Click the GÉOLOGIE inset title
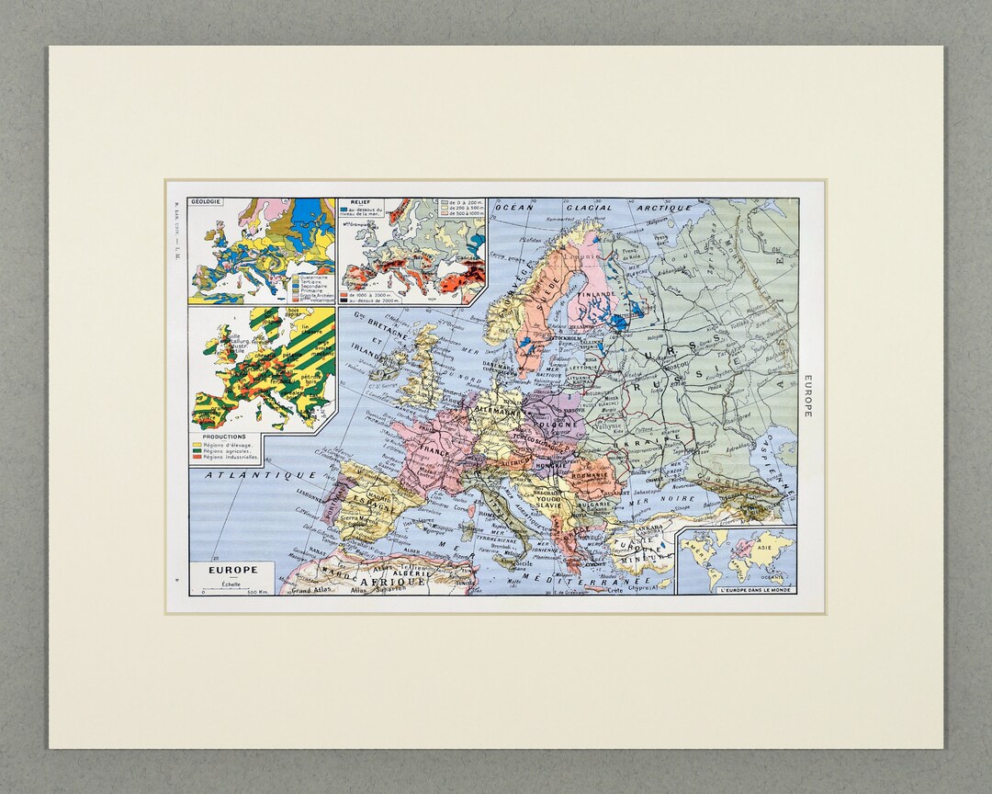coord(207,202)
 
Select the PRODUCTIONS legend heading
coord(224,437)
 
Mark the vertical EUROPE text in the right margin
coord(807,396)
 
